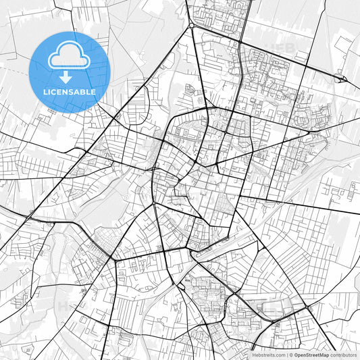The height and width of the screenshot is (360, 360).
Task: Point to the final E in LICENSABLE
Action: (93, 92)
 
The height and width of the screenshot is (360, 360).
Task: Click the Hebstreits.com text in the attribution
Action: (269, 354)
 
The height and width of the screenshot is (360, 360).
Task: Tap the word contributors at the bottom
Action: (343, 354)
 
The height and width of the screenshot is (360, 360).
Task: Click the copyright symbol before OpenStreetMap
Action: (291, 354)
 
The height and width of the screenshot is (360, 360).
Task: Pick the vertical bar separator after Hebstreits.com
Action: (286, 354)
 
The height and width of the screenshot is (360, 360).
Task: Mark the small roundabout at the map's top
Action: (192, 26)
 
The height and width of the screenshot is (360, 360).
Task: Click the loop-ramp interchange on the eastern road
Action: (343, 80)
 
